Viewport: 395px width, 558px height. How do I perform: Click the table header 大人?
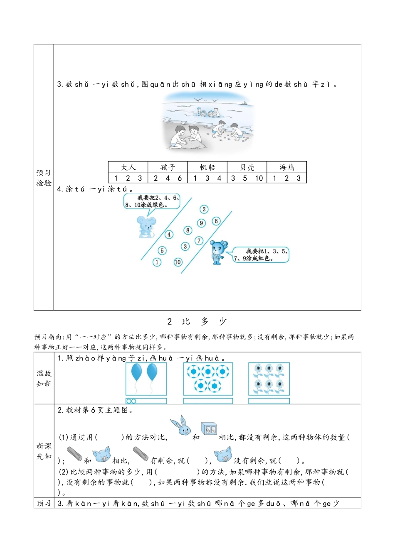point(128,167)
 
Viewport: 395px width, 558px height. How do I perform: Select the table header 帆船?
point(207,167)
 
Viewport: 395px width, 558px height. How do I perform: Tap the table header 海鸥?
point(287,167)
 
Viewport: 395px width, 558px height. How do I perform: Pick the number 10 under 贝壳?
point(259,178)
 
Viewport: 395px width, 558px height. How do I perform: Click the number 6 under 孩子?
point(180,178)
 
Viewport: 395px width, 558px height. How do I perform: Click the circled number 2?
point(204,209)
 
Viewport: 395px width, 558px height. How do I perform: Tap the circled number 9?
point(201,223)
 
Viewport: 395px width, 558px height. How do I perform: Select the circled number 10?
point(178,262)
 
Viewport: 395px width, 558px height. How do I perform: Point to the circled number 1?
point(157,262)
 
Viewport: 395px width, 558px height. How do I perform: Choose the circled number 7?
point(199,240)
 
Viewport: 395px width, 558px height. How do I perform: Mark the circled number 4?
point(169,235)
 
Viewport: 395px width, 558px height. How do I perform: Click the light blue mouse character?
point(146,227)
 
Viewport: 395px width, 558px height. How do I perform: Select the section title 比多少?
point(197,321)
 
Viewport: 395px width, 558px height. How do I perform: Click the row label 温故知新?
point(44,378)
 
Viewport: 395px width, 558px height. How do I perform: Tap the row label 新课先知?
point(44,451)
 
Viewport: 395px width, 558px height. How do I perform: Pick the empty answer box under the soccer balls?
point(208,401)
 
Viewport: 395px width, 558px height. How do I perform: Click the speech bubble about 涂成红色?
point(261,255)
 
